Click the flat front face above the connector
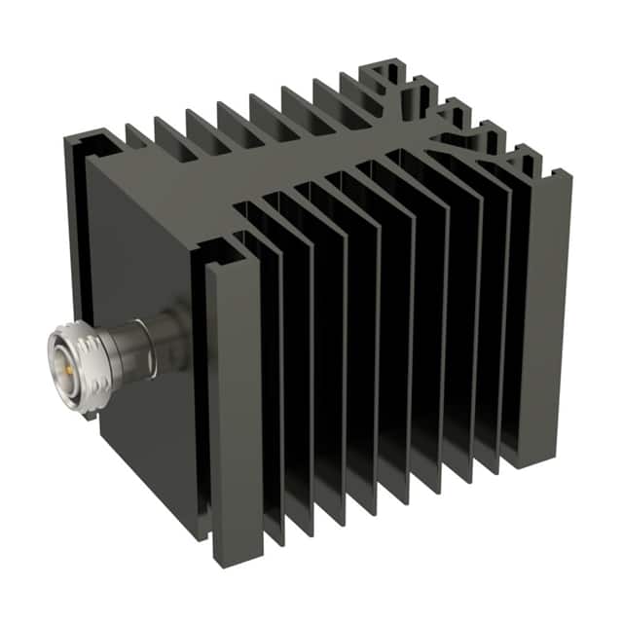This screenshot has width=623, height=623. [x=146, y=243]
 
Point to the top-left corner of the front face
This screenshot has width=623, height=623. [x=90, y=162]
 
